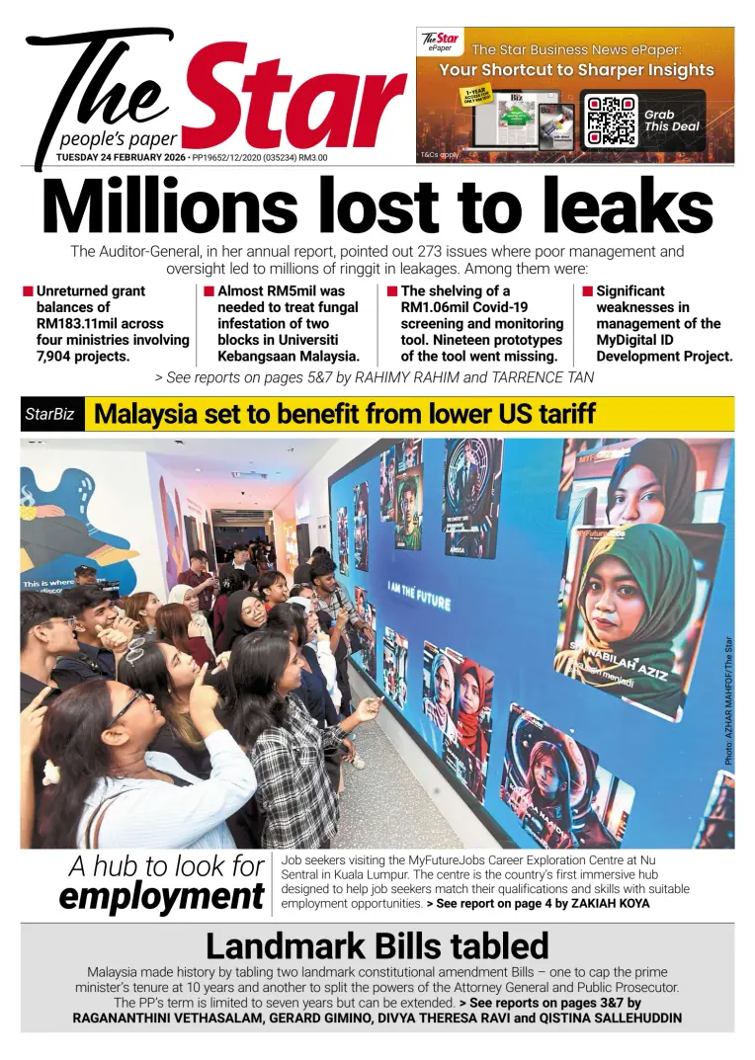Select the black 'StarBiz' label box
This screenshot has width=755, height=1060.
[x=51, y=415]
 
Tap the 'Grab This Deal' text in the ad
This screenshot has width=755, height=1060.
[x=672, y=121]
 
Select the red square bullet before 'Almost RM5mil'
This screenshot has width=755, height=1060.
[x=209, y=291]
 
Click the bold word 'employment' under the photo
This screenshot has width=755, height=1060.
[x=160, y=897]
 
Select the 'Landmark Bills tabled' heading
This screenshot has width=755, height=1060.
[x=377, y=946]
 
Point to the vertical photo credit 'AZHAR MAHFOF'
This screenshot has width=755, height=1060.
[x=728, y=701]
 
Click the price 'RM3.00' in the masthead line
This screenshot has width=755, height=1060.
[x=313, y=157]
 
